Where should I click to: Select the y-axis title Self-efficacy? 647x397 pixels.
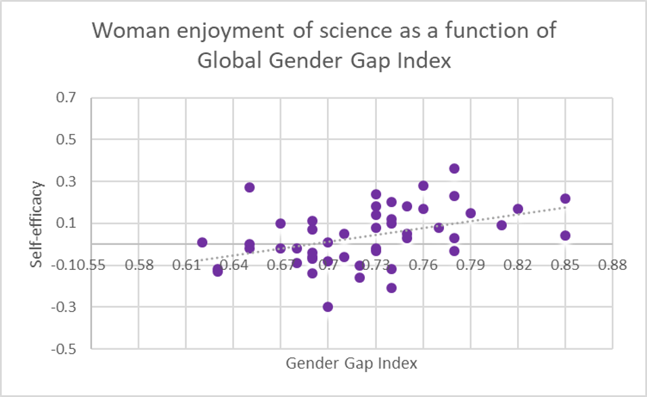tap(41, 223)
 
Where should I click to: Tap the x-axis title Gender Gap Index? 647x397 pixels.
tap(351, 363)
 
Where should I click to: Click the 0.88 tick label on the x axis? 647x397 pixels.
tap(612, 264)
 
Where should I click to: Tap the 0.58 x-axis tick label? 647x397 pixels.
tap(139, 264)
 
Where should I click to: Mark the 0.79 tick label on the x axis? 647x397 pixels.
tap(470, 264)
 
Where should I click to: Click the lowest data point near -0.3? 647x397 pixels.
tap(328, 306)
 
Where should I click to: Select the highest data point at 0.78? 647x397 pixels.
tap(454, 168)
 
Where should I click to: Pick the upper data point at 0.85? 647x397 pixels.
tap(565, 198)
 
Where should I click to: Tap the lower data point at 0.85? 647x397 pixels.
tap(565, 235)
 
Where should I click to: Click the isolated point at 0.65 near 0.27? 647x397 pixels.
tap(249, 187)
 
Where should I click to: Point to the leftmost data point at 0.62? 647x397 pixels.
tap(202, 242)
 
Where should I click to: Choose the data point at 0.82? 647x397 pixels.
tap(518, 209)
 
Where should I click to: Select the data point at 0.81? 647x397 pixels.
tap(501, 225)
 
